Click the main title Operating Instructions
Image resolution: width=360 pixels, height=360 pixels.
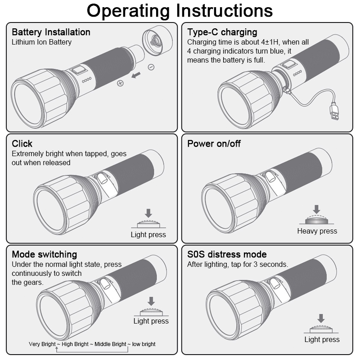click(x=180, y=11)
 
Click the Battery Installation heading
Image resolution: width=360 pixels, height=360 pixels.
click(x=51, y=32)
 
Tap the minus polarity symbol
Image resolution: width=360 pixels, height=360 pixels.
click(x=151, y=67)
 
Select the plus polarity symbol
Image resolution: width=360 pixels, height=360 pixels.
click(x=120, y=83)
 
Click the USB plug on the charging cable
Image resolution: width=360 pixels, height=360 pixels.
click(x=335, y=111)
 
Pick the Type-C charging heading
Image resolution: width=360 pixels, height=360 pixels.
click(x=222, y=32)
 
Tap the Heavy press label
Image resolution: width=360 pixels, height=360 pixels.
click(x=317, y=231)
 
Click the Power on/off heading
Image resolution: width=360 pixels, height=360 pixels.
click(x=214, y=144)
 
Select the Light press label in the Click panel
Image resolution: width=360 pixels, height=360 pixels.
click(x=148, y=234)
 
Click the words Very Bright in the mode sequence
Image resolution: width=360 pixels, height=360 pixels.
click(x=41, y=344)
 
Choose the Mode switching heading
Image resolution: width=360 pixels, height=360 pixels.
click(x=44, y=255)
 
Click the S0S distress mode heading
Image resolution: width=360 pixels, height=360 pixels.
click(x=227, y=255)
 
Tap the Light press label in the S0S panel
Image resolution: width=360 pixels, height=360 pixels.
click(x=322, y=339)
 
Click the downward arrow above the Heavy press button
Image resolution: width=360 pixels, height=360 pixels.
click(x=317, y=209)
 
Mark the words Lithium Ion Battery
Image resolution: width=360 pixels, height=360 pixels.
click(x=41, y=42)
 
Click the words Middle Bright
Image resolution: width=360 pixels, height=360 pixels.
click(x=108, y=344)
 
